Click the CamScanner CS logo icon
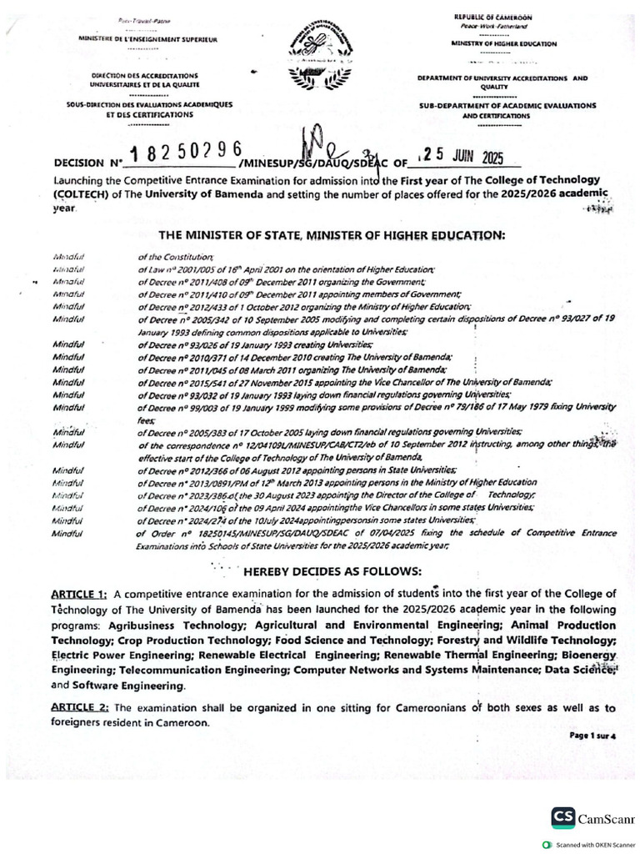coord(562,817)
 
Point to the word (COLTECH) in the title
coord(80,195)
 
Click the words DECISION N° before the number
coord(87,163)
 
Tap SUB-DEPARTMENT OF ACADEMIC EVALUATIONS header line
coord(506,106)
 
